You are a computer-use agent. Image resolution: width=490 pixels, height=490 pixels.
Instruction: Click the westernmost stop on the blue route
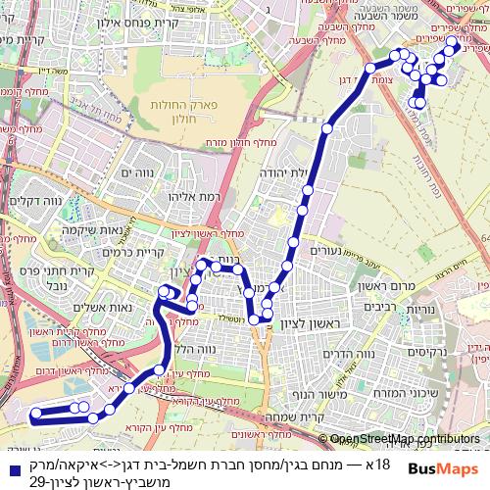point(36,415)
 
